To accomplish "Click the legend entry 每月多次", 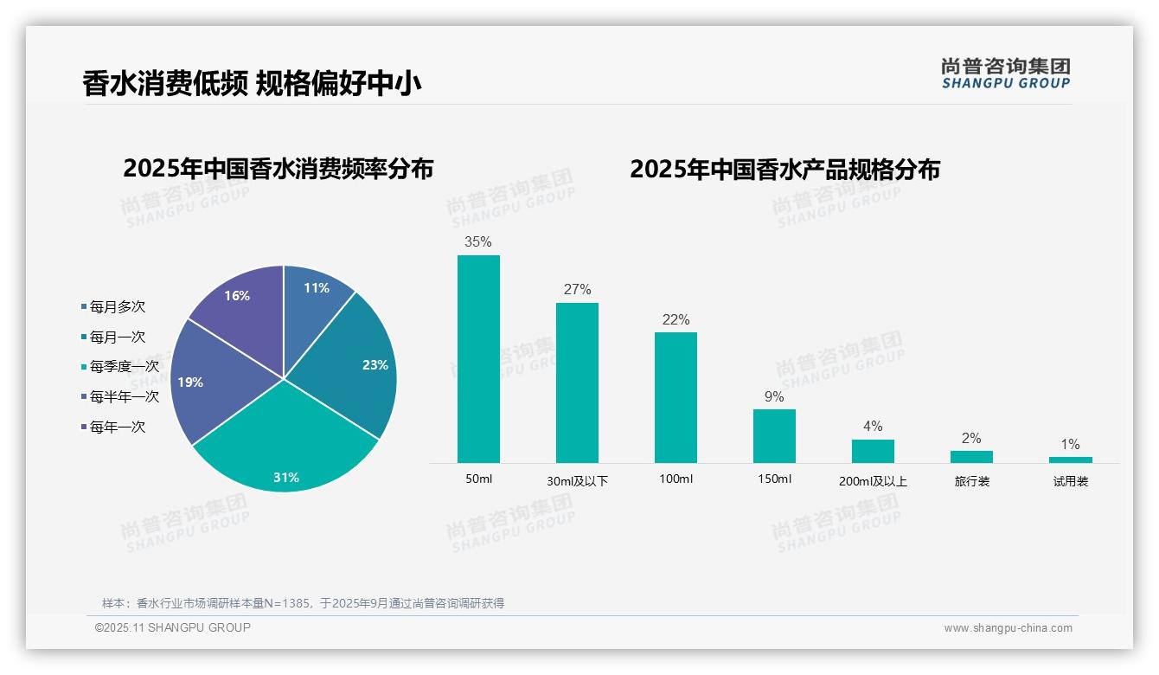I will coord(117,306).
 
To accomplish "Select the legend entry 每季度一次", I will coord(124,366).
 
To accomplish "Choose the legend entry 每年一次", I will coord(117,427).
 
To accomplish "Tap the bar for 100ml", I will coord(676,398).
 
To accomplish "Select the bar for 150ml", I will coord(774,436).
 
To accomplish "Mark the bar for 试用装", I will coord(1070,460).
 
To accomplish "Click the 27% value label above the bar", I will coord(577,289).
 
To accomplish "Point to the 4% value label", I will coord(873,426).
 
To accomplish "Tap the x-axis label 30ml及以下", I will coord(577,480).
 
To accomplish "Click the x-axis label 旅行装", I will coord(971,480).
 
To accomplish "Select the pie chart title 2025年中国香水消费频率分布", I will coord(278,168).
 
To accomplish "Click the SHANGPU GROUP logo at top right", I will coord(1005,74).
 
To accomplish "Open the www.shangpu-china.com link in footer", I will coord(1008,627).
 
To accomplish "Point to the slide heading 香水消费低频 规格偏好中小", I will coord(252,83).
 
